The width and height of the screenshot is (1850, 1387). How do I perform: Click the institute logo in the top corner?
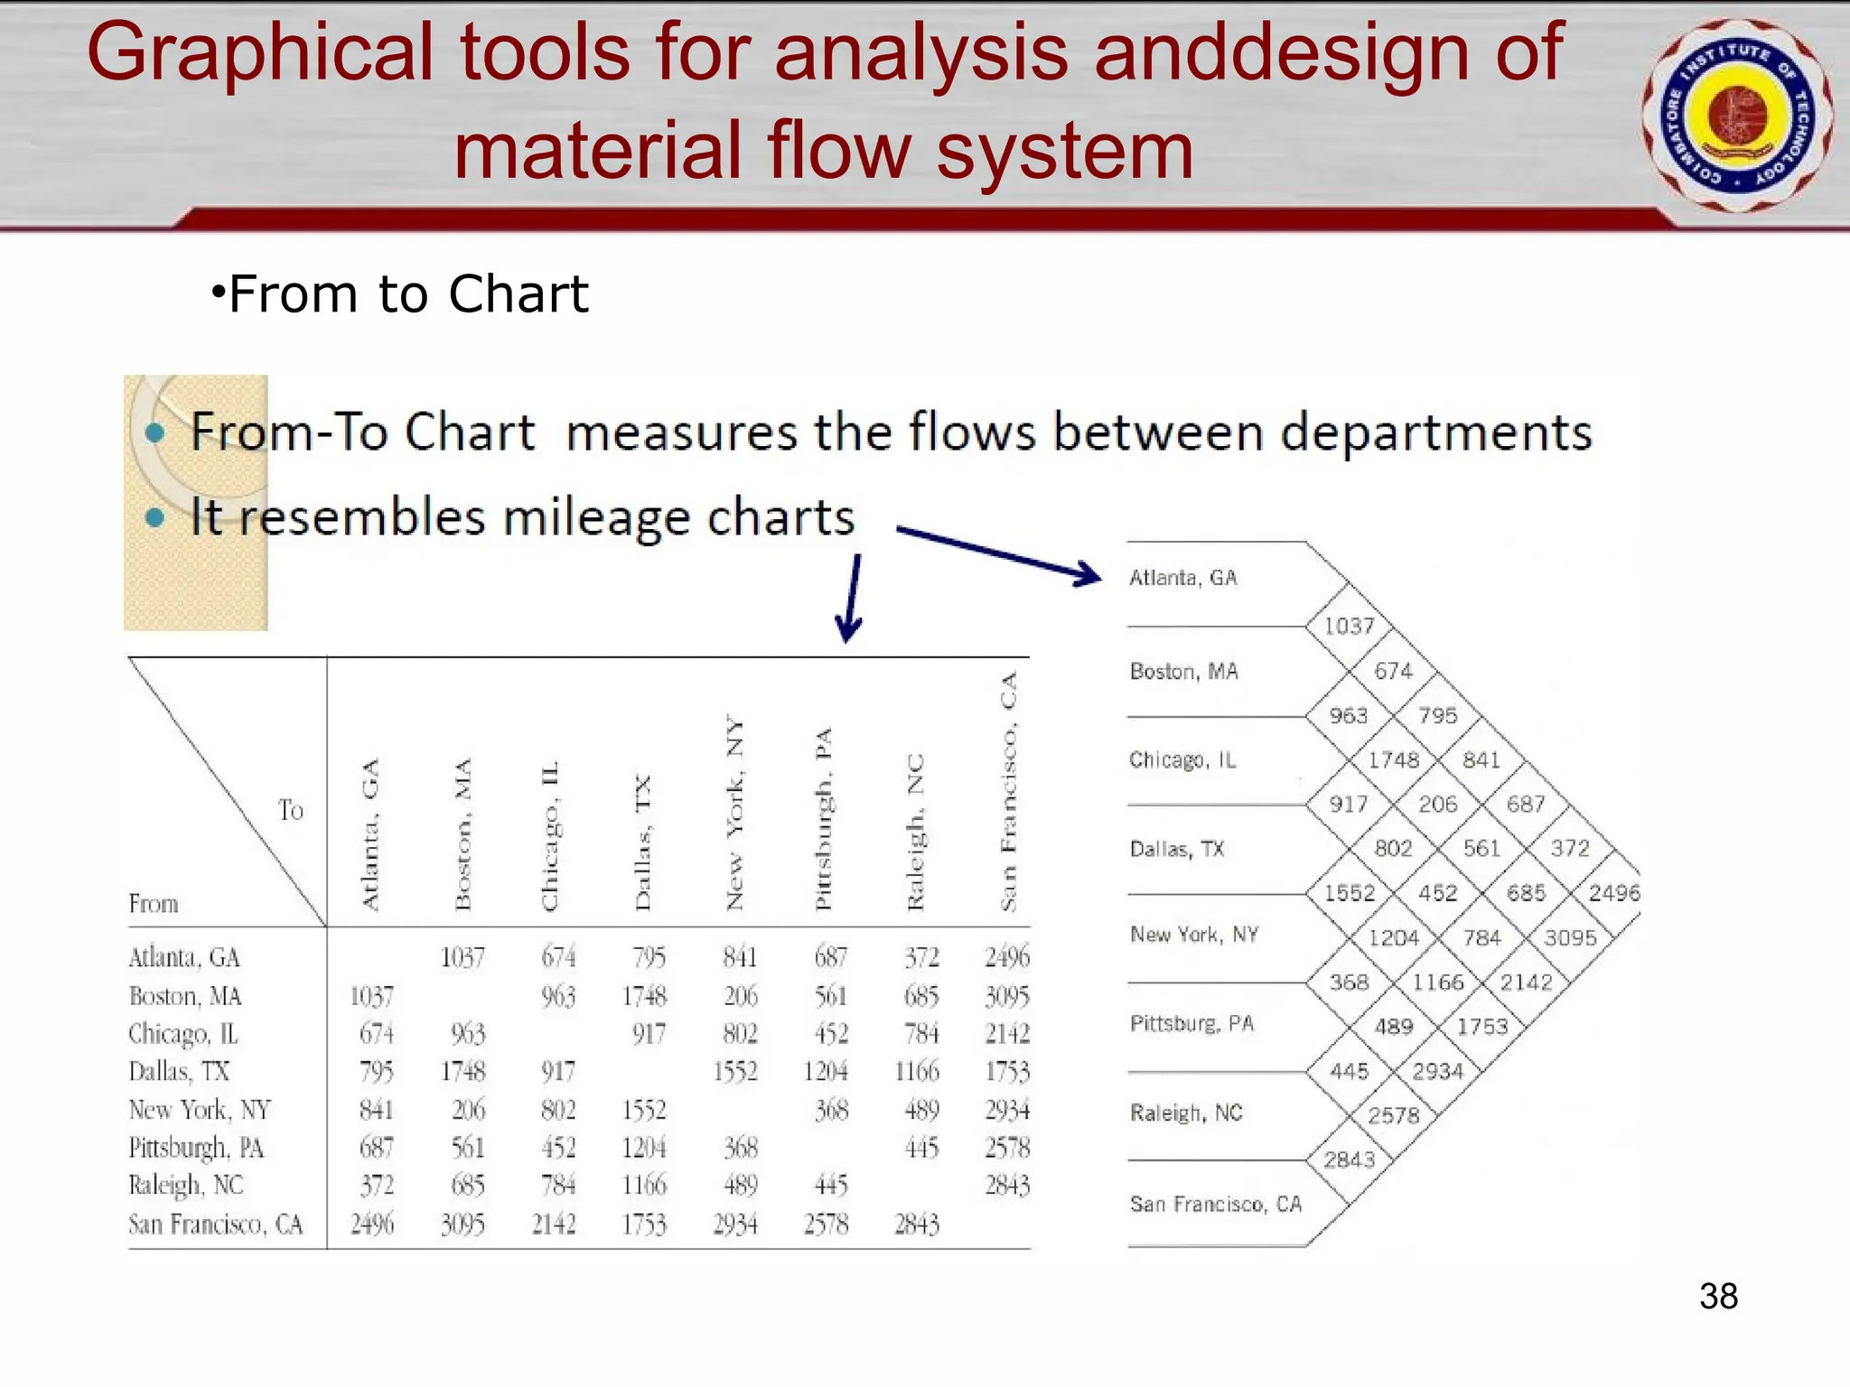(1737, 116)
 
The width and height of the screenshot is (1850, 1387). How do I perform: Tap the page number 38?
(1718, 1297)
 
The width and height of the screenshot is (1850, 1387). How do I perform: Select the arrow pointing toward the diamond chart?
(999, 554)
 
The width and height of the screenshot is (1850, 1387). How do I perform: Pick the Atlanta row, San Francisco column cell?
(1007, 957)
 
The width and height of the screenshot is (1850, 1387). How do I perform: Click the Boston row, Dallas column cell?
(644, 997)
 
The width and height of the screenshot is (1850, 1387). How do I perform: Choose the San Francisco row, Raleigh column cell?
(917, 1224)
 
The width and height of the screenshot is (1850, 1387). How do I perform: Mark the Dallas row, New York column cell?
(735, 1072)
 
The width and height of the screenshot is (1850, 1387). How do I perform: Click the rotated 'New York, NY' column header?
(735, 813)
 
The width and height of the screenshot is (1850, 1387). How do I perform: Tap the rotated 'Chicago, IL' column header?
(550, 835)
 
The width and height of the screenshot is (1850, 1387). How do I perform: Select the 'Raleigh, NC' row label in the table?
(186, 1186)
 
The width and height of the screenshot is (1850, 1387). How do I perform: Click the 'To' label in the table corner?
(291, 810)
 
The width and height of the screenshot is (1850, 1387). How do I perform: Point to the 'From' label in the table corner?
(154, 904)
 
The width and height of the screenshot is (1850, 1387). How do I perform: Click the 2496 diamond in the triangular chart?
(1613, 893)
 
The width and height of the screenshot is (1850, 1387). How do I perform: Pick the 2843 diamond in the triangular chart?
(1349, 1159)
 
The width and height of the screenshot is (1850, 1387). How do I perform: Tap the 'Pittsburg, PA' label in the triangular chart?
(1191, 1023)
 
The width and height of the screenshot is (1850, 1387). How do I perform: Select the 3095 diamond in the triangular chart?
(1570, 938)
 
